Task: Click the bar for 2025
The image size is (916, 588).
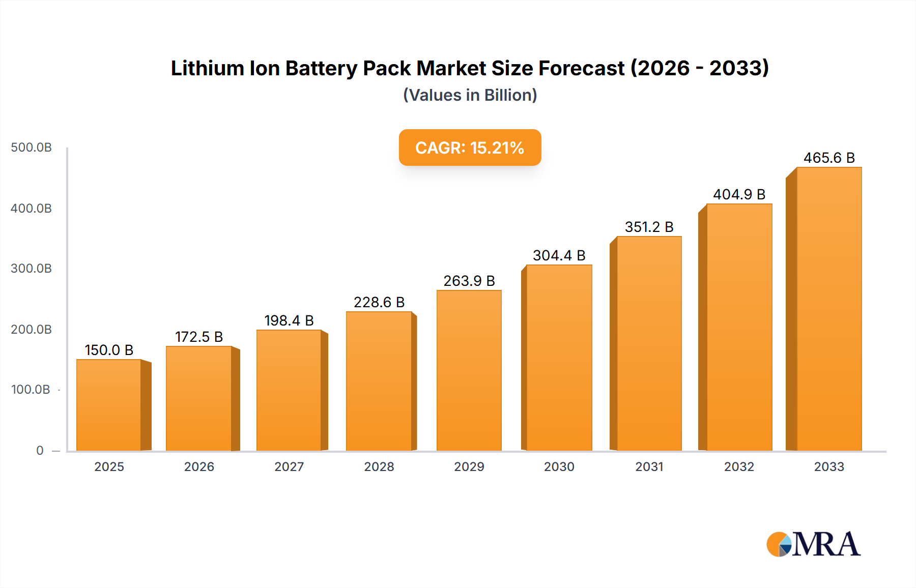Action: (109, 405)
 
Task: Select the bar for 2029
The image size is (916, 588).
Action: (469, 370)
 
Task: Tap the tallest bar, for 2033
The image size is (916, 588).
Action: (829, 309)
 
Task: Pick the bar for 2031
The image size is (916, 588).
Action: (649, 343)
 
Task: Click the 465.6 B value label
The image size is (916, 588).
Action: (829, 158)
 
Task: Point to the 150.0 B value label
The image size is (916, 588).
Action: (109, 350)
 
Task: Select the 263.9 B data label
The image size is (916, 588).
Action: (469, 281)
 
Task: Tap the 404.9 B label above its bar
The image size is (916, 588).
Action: (739, 194)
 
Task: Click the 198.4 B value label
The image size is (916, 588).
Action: (289, 320)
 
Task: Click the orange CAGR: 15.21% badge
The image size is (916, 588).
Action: (470, 148)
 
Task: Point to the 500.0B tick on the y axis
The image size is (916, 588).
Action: (31, 148)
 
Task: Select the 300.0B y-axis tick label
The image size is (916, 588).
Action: (31, 269)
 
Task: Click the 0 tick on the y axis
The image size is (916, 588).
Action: (40, 450)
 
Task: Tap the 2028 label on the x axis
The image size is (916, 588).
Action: (379, 466)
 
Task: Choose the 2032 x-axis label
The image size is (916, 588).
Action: (739, 466)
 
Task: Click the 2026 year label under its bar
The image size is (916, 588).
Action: (199, 466)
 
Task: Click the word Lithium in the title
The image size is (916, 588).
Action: (207, 68)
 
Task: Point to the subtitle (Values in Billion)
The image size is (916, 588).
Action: (470, 95)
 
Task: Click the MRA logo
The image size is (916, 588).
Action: (813, 544)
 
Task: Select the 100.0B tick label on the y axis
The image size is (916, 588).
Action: (31, 390)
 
